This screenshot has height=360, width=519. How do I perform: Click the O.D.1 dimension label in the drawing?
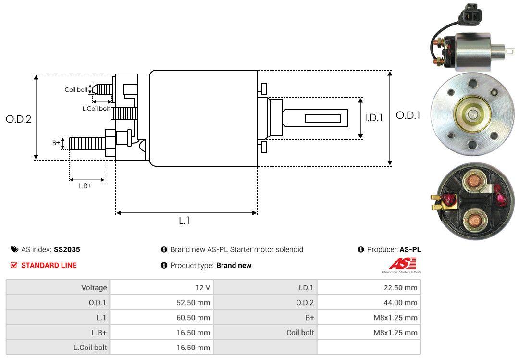(408, 115)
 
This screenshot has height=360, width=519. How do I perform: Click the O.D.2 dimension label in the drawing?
(18, 119)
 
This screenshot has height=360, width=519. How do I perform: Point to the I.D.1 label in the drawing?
(373, 117)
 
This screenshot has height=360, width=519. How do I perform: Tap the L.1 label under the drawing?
(185, 221)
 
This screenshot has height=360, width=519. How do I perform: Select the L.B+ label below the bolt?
(85, 186)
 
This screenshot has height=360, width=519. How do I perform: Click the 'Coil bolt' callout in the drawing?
(76, 90)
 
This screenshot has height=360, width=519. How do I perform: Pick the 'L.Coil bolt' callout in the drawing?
(96, 109)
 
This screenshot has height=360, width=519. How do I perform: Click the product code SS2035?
(67, 249)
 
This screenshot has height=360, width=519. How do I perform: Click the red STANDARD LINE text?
(49, 265)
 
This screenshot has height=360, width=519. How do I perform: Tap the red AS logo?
(402, 263)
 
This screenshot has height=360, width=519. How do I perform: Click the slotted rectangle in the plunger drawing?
(323, 118)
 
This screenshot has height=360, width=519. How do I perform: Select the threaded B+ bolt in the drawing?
(86, 143)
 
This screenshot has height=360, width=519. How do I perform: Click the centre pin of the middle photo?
(473, 114)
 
